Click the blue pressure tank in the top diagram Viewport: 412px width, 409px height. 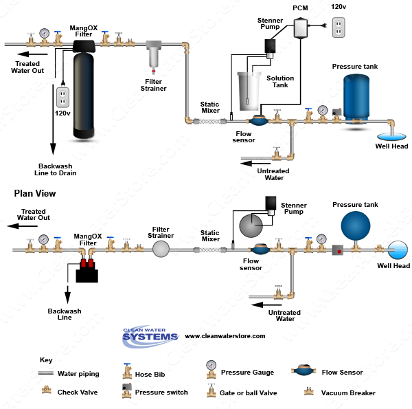point(360,99)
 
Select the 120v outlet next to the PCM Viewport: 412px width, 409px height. point(338,28)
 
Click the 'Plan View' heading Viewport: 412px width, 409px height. point(35,194)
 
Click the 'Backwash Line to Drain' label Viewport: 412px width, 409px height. point(57,170)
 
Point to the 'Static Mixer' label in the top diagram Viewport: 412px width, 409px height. point(209,107)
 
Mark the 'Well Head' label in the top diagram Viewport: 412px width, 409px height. point(391,146)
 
